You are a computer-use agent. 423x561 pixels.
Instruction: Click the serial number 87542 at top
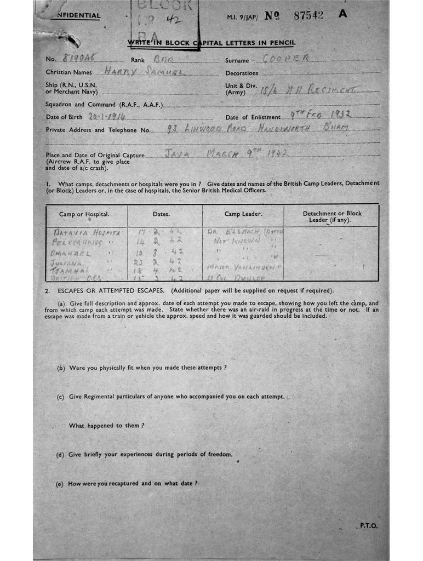[308, 15]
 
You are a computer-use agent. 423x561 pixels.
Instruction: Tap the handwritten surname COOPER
[287, 59]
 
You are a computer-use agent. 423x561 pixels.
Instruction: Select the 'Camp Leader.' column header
[243, 214]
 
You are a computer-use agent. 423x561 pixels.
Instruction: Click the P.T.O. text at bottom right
[368, 525]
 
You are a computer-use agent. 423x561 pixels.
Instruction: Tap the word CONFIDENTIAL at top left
[78, 15]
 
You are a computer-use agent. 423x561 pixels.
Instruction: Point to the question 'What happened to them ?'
[107, 425]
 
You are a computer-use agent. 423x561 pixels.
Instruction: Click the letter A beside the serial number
[343, 14]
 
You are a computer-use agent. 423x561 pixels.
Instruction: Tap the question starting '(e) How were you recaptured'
[127, 483]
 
